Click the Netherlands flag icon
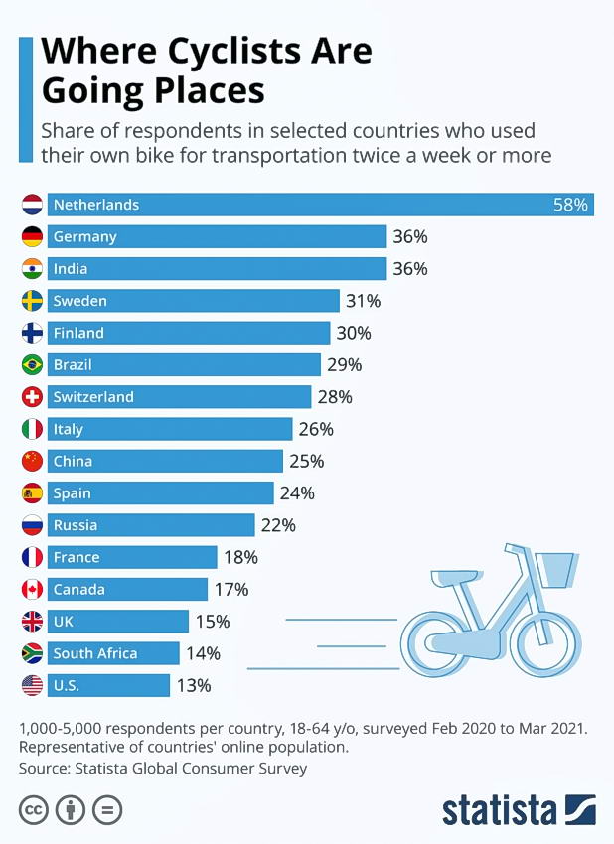pos(32,205)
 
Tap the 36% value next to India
pos(409,269)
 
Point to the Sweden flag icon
pos(32,301)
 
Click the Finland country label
pos(78,333)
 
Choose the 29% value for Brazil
pos(344,365)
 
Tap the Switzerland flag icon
pos(32,397)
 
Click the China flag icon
pos(32,461)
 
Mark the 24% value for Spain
pos(296,493)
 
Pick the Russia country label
pos(76,525)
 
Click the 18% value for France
pos(239,557)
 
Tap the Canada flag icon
pos(32,589)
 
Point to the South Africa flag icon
pos(32,653)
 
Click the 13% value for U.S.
pos(193,685)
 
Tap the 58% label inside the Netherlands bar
pos(571,205)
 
